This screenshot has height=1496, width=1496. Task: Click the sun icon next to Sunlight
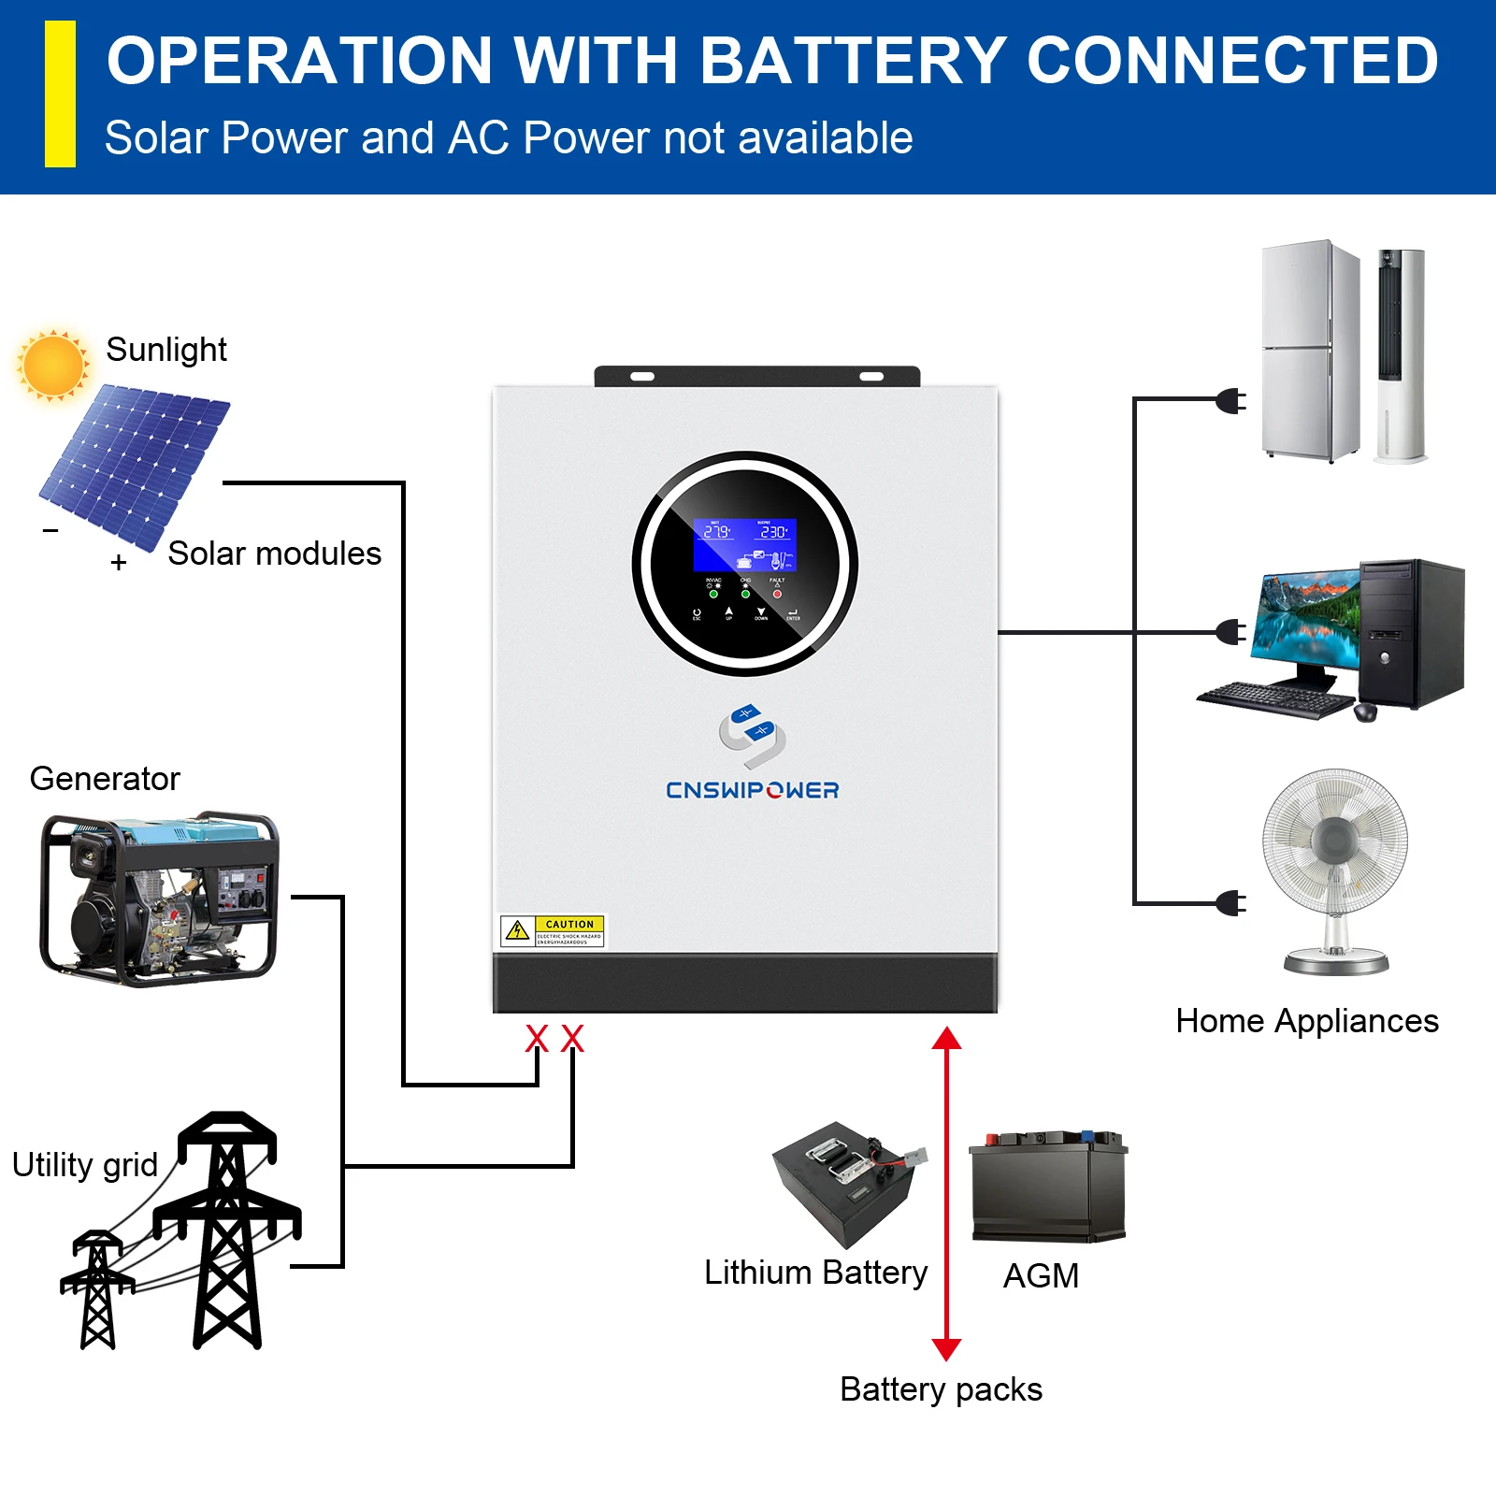52,366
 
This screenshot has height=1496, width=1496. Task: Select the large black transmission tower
227,1230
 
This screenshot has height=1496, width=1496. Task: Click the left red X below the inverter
537,1038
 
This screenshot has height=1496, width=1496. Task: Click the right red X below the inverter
572,1038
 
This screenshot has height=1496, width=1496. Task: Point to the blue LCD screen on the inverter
744,545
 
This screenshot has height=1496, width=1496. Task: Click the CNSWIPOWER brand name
752,790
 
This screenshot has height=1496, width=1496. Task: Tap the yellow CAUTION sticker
553,931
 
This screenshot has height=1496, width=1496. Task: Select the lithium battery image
846,1183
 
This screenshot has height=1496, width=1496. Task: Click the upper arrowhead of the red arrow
946,1038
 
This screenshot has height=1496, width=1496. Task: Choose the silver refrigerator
1309,351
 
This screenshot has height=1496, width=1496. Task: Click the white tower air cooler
1401,355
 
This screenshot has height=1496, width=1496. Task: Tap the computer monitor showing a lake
1307,622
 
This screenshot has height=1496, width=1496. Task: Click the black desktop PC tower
1410,633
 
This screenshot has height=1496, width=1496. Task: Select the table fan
1335,865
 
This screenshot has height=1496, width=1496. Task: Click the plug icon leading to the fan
1231,903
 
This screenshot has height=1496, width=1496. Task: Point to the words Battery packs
941,1389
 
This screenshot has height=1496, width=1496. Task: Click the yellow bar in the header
60,94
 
